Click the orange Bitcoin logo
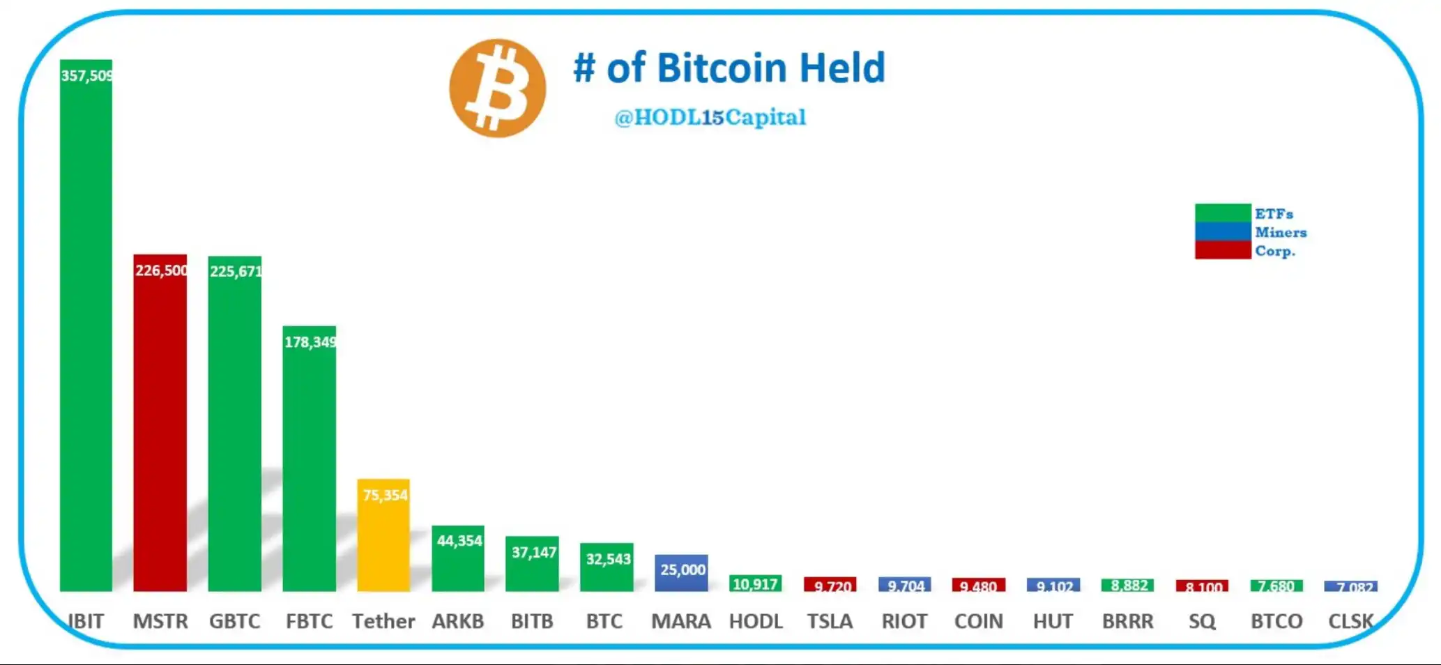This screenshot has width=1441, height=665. pyautogui.click(x=497, y=88)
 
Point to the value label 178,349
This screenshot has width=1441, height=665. pyautogui.click(x=310, y=342)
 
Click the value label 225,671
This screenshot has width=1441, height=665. pyautogui.click(x=236, y=271)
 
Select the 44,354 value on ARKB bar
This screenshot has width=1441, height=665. pyautogui.click(x=459, y=540)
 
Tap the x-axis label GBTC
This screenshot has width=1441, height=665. pyautogui.click(x=234, y=620)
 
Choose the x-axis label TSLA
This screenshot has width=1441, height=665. pyautogui.click(x=830, y=620)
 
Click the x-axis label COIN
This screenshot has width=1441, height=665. pyautogui.click(x=978, y=620)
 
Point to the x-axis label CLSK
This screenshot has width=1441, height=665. pyautogui.click(x=1350, y=620)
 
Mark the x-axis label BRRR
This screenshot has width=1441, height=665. pyautogui.click(x=1127, y=620)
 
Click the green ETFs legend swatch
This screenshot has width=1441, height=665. pyautogui.click(x=1222, y=213)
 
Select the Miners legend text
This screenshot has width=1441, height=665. pyautogui.click(x=1281, y=232)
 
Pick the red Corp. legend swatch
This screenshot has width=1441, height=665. pyautogui.click(x=1222, y=250)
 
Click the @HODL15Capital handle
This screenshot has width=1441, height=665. pyautogui.click(x=710, y=117)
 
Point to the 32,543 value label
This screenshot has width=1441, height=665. pyautogui.click(x=608, y=559)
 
